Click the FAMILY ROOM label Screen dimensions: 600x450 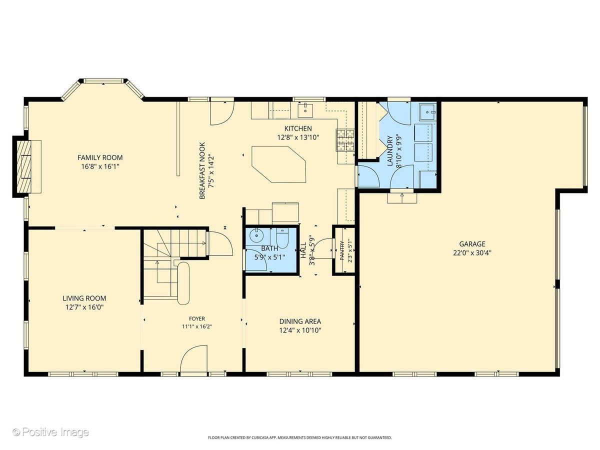click(x=100, y=157)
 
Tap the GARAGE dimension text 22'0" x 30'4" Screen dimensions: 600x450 click(x=472, y=253)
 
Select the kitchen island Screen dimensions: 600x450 click(x=278, y=164)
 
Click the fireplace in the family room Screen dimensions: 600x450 click(x=27, y=166)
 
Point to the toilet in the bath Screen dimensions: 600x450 click(x=282, y=238)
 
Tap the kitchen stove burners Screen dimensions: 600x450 click(x=345, y=140)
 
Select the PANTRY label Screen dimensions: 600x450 click(x=342, y=250)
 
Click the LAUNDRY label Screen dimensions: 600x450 click(x=390, y=151)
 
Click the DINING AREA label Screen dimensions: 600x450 click(x=300, y=321)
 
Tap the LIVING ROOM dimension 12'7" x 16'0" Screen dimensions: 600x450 click(x=84, y=307)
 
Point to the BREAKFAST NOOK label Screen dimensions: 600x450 click(x=202, y=171)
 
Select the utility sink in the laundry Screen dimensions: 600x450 click(x=428, y=111)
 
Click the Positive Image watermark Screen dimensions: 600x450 click(x=51, y=432)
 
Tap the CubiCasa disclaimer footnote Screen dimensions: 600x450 click(x=300, y=437)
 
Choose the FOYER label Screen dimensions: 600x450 click(x=197, y=318)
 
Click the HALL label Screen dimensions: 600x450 click(x=303, y=250)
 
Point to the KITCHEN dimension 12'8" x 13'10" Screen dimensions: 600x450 click(x=298, y=137)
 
